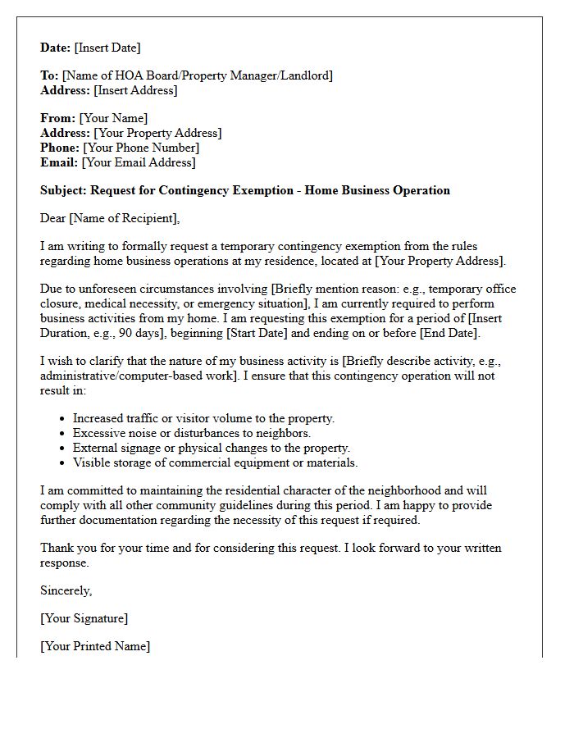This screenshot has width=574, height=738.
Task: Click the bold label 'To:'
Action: (49, 75)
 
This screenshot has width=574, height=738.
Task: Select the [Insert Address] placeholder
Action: (135, 90)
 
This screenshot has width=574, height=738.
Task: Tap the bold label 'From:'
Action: (57, 118)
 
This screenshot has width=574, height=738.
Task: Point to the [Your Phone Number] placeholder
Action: (141, 148)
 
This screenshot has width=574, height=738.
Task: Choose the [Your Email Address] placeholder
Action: (139, 162)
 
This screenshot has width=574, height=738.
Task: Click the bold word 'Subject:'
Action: (64, 190)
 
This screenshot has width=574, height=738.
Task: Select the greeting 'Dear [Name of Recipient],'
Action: (109, 218)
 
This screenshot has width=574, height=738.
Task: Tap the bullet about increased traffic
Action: (203, 418)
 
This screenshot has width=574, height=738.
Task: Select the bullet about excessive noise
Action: (191, 433)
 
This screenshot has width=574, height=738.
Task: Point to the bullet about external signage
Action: (211, 448)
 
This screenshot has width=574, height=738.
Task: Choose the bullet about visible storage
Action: (215, 462)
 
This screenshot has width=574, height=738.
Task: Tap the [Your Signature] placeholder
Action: (84, 618)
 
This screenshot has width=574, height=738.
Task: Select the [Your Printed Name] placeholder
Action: (95, 646)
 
